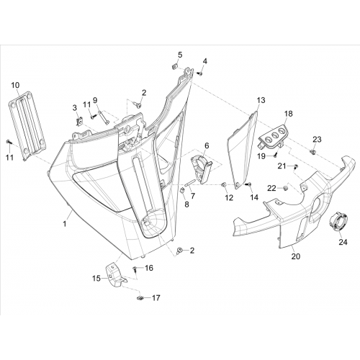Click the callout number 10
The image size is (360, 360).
[16, 85]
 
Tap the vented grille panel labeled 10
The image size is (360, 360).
[27, 125]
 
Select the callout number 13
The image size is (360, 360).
[261, 100]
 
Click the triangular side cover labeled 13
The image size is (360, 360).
[243, 150]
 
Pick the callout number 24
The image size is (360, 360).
[343, 242]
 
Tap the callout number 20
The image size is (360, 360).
[296, 256]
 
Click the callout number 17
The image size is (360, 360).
[156, 298]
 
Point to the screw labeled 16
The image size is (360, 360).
[135, 269]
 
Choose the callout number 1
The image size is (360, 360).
[64, 224]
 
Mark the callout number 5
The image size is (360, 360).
[180, 55]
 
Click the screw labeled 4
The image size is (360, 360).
[199, 73]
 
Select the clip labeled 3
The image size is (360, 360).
[79, 122]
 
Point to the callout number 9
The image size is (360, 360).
[95, 99]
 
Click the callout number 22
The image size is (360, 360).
[272, 189]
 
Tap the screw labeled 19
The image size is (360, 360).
[276, 154]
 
